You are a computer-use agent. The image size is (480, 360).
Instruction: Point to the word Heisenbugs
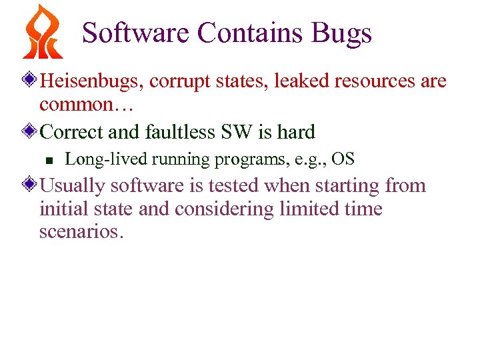(x=91, y=81)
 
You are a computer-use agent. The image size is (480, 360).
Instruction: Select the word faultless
(x=177, y=132)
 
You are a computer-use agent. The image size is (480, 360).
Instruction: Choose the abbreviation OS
(x=343, y=159)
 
